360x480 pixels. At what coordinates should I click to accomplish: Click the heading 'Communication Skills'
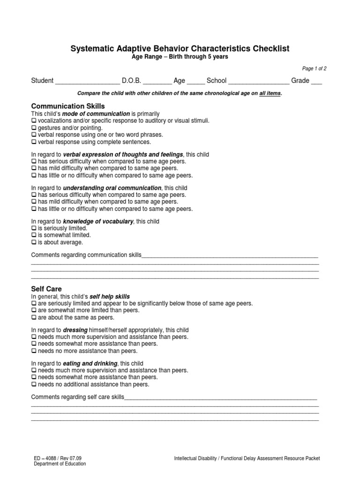point(67,106)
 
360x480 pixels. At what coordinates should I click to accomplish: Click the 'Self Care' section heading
point(46,289)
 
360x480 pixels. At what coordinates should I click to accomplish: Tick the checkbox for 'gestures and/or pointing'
point(34,128)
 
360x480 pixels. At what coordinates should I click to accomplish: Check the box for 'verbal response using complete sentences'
point(34,142)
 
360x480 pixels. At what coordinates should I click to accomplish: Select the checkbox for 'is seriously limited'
point(34,228)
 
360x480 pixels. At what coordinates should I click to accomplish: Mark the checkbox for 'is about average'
point(34,242)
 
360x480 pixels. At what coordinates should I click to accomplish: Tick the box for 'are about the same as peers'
point(34,317)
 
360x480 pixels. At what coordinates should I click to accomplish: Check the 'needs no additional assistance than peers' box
point(34,384)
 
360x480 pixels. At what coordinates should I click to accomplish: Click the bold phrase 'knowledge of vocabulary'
point(98,221)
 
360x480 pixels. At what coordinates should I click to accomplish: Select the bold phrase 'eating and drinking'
point(90,364)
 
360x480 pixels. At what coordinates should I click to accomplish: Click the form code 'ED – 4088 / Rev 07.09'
point(58,458)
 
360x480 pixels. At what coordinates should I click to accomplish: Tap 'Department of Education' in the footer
point(60,464)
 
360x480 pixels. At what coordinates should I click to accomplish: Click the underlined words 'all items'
point(270,94)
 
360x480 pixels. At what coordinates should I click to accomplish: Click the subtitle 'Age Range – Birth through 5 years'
point(180,57)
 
